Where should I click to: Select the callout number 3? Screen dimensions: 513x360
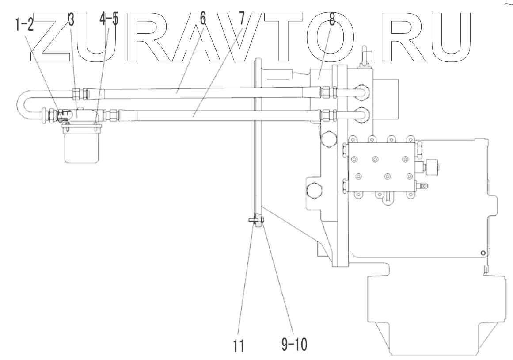point(71,19)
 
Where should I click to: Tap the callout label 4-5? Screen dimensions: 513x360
point(109,19)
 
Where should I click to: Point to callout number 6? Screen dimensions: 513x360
point(203,19)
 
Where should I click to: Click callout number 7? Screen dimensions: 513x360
point(241,19)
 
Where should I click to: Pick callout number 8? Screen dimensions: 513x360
point(332,19)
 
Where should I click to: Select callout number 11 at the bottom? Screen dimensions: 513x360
point(239,345)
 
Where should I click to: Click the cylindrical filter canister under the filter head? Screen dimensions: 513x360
point(81,145)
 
